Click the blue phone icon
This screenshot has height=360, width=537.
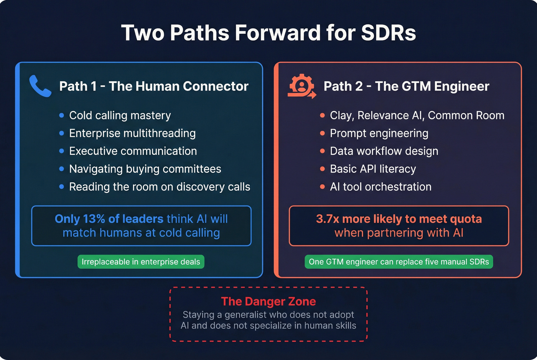40,86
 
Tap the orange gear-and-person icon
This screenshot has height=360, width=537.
302,86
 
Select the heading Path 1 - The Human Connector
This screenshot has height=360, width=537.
154,86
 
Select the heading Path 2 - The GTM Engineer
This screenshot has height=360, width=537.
406,86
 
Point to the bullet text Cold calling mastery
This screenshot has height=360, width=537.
120,115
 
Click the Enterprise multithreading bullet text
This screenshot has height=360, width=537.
132,133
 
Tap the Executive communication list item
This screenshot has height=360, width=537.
133,151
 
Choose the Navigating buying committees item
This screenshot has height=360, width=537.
145,169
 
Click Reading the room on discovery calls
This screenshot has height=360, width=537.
160,187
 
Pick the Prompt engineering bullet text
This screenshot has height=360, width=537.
379,133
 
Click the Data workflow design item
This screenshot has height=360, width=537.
384,151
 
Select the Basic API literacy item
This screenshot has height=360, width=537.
373,169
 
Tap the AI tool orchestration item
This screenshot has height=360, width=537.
381,187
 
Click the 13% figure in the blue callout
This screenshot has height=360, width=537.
94,219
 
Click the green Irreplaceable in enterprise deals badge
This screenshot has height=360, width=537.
141,262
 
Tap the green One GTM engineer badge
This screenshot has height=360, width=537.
399,262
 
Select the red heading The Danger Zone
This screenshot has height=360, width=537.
268,302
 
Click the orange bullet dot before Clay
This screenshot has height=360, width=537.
322,115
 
